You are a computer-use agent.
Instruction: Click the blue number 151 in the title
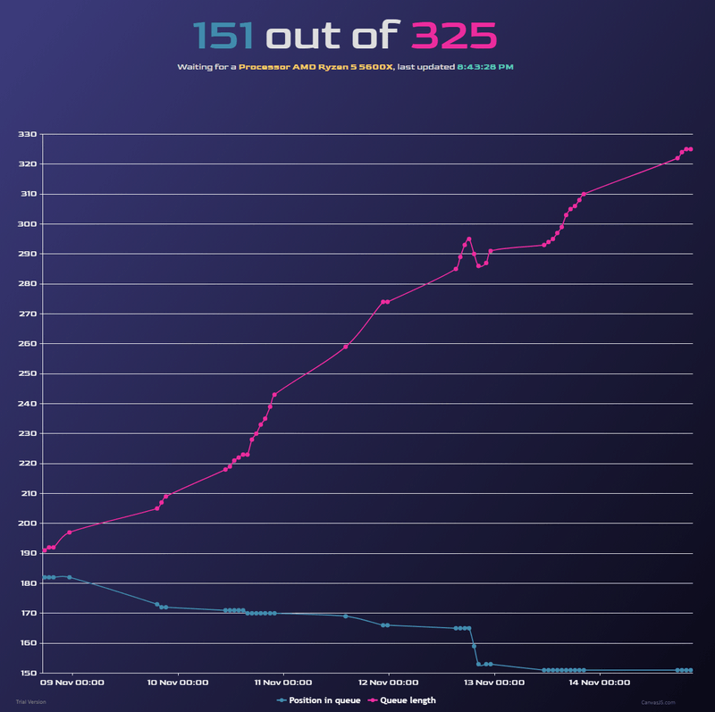[223, 36]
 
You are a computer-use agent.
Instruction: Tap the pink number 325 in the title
[453, 36]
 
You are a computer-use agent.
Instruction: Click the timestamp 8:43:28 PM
[485, 67]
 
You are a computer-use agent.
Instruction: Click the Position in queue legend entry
[319, 700]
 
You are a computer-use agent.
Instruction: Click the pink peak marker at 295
[469, 239]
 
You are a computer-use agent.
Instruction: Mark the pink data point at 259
[346, 347]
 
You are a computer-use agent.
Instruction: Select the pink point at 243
[274, 394]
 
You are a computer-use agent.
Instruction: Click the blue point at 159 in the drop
[474, 646]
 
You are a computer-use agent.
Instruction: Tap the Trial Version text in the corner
[30, 702]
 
